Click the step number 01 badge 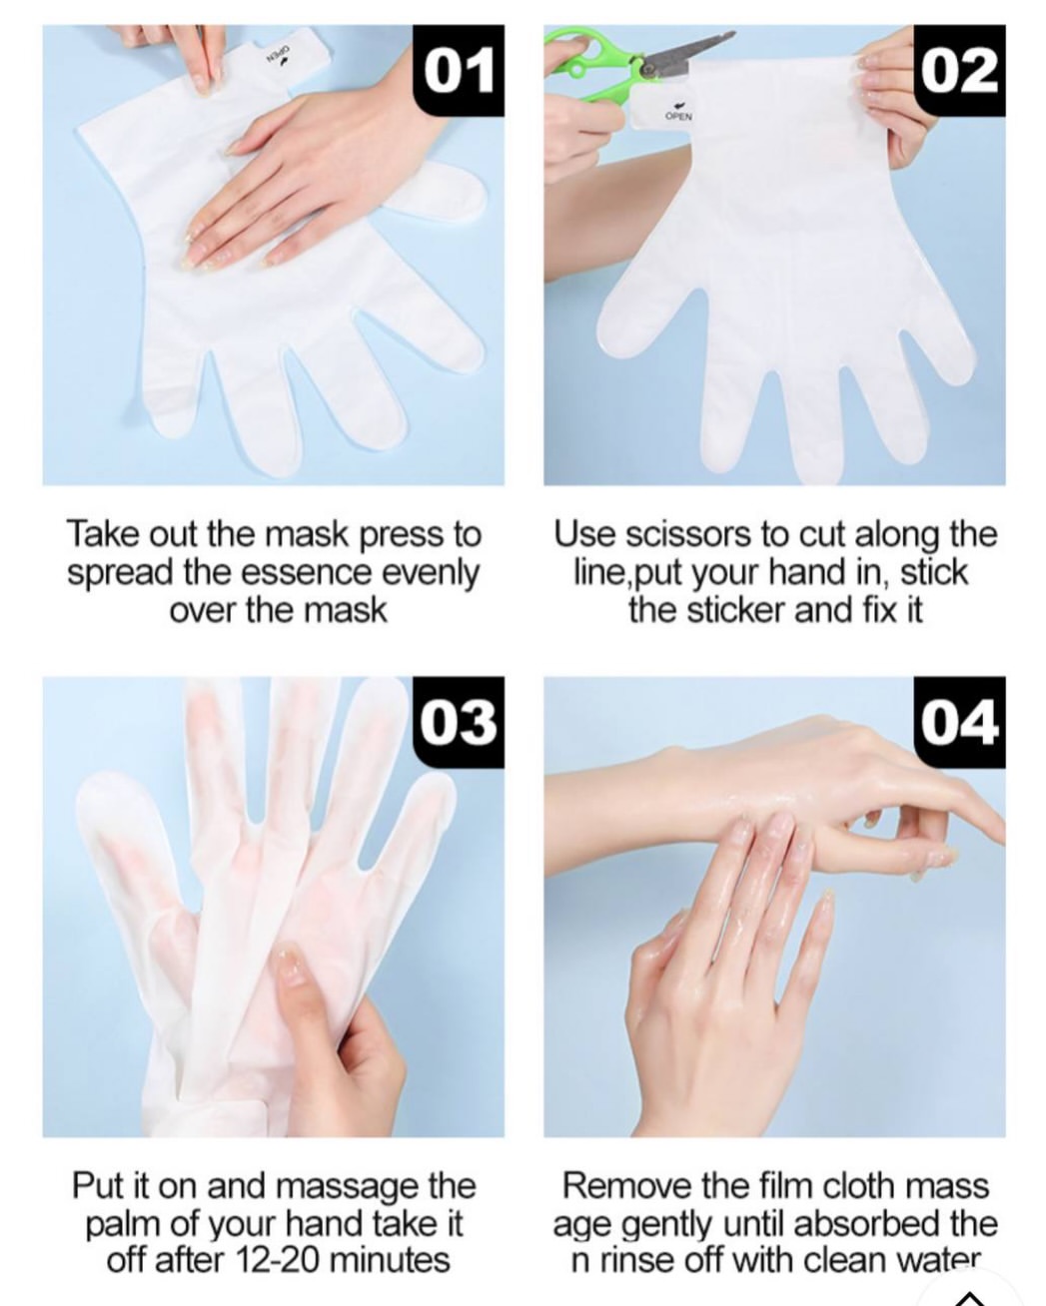coord(458,71)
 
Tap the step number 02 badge coord(959,71)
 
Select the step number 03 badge coord(458,722)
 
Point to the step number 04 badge coord(959,722)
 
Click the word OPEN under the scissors coord(678,115)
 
